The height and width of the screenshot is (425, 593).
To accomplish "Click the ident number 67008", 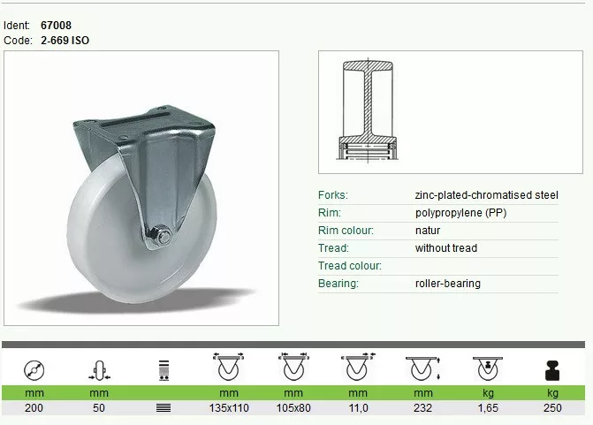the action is [56, 26].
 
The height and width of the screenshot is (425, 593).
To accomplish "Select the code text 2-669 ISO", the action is [65, 41].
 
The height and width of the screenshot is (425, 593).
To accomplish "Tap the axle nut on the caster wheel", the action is [163, 236].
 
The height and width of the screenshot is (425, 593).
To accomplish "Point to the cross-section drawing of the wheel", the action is [368, 110].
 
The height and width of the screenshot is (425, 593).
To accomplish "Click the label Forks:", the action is [333, 195].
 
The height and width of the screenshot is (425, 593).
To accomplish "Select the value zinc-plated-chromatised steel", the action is [486, 195].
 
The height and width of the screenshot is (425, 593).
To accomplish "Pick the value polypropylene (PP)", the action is [460, 213].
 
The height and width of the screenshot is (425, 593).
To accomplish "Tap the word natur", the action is [428, 231].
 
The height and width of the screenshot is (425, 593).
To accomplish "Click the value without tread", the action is [446, 248].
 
